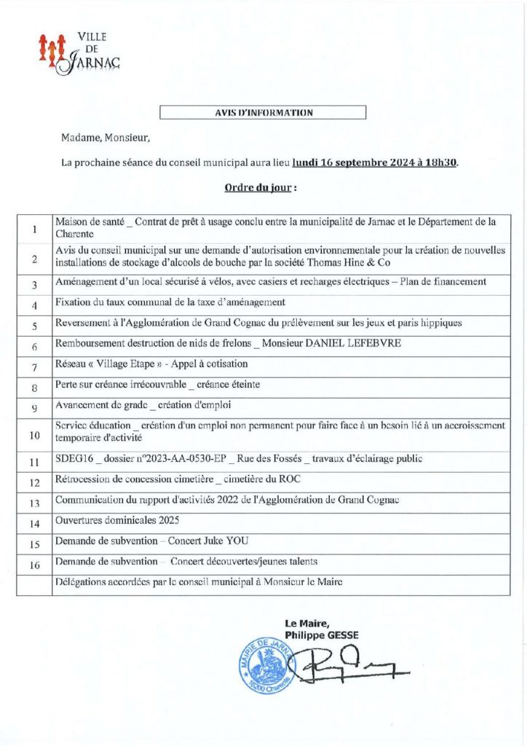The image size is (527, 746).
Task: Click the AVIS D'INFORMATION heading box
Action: tap(263, 113)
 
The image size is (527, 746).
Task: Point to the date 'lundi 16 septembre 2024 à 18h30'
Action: tap(375, 163)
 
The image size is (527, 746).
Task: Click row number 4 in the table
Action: tap(34, 305)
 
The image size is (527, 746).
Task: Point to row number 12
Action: tap(34, 482)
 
